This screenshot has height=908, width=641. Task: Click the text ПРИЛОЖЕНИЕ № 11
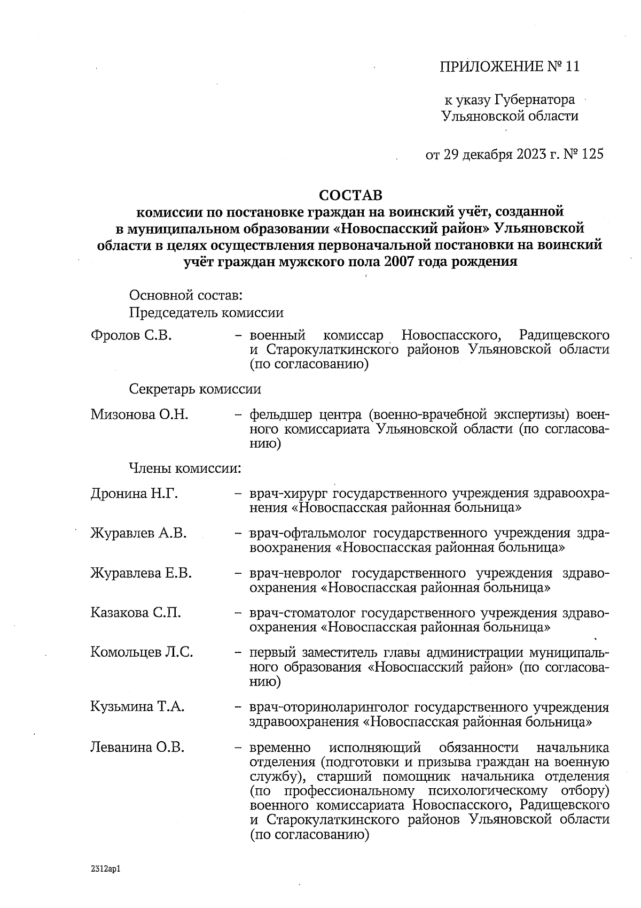point(509,67)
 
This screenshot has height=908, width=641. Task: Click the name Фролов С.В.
point(131,336)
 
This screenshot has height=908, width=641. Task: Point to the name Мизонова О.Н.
point(139,415)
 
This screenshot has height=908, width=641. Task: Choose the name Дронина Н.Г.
point(134,494)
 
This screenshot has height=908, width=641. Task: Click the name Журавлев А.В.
point(138,533)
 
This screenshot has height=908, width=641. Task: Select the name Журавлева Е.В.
point(141,573)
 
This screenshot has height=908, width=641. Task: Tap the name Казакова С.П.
point(136,613)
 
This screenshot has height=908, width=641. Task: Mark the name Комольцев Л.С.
point(142,652)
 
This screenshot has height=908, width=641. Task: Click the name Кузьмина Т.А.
point(137,707)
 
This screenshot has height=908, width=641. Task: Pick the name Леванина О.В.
point(137,747)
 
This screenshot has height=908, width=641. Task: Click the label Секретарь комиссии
point(195,389)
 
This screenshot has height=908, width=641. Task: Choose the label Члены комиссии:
point(185,468)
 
